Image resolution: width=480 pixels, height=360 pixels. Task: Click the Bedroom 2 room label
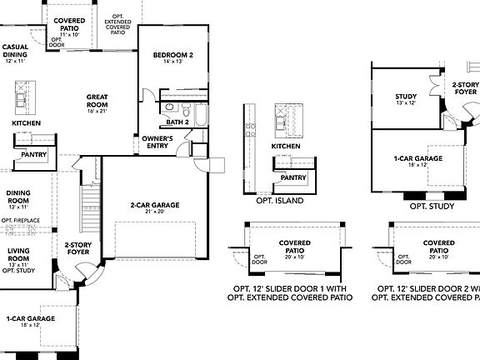[x=173, y=55]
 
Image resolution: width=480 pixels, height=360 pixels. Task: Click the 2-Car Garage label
[x=150, y=204]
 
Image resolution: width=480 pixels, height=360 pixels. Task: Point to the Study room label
[x=406, y=97]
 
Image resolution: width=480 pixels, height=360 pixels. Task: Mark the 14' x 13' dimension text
[x=173, y=62]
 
